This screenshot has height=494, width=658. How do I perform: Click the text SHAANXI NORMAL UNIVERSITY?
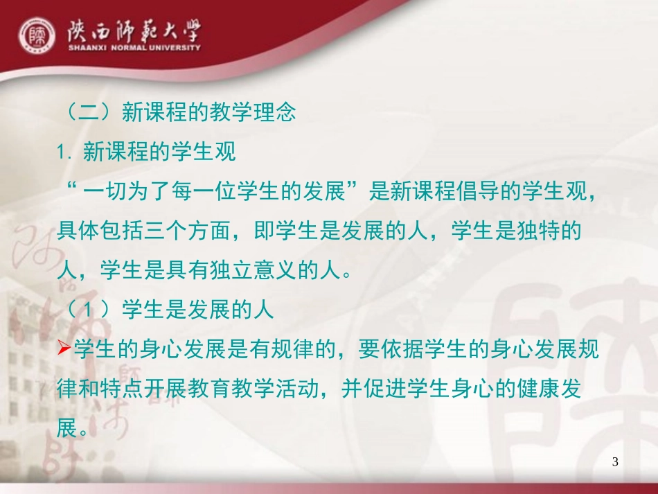click(x=134, y=48)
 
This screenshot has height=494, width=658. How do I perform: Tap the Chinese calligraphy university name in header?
click(x=134, y=30)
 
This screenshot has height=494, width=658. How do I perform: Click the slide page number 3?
click(x=616, y=462)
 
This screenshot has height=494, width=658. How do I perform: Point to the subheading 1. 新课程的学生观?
click(x=147, y=152)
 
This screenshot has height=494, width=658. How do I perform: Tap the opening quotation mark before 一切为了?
click(x=69, y=188)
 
